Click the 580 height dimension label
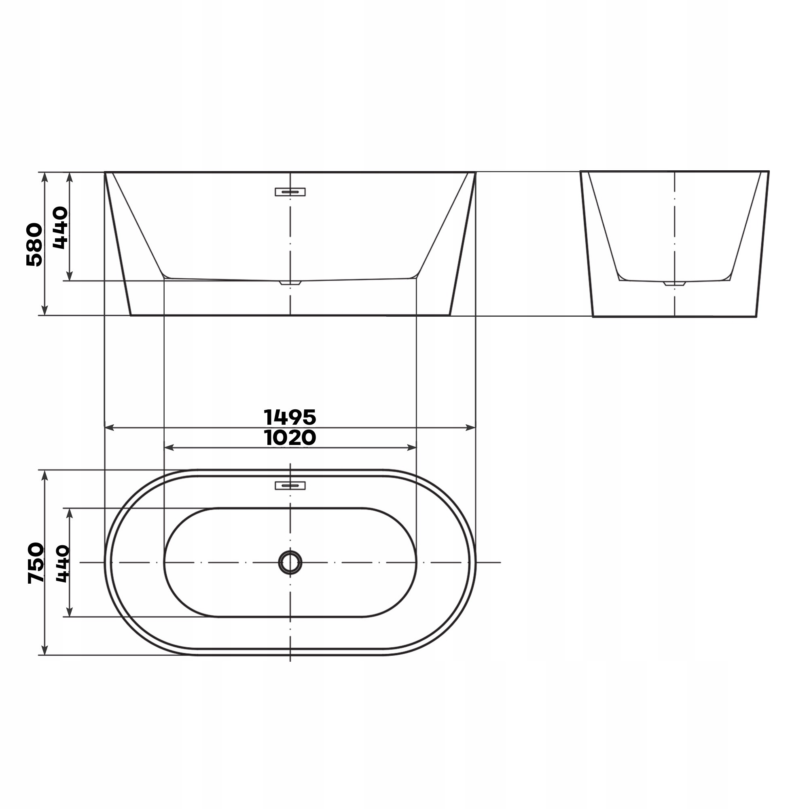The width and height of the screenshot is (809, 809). click(34, 245)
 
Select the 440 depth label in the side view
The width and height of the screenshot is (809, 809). click(61, 228)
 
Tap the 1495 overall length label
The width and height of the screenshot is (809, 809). click(290, 417)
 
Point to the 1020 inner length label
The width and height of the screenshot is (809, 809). click(290, 438)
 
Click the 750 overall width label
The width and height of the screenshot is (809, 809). click(36, 563)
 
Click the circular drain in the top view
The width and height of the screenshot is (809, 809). click(290, 562)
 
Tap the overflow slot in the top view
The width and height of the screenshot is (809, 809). click(290, 485)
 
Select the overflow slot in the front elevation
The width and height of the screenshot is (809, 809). click(290, 192)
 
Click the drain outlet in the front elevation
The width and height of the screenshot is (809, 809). click(290, 283)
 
